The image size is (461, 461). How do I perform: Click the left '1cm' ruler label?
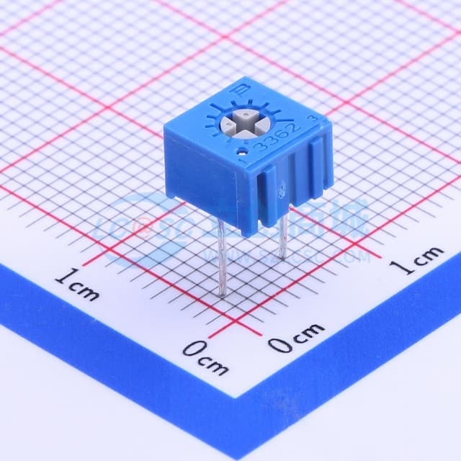(x=76, y=284)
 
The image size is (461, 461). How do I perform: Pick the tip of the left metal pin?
(x=222, y=295)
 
